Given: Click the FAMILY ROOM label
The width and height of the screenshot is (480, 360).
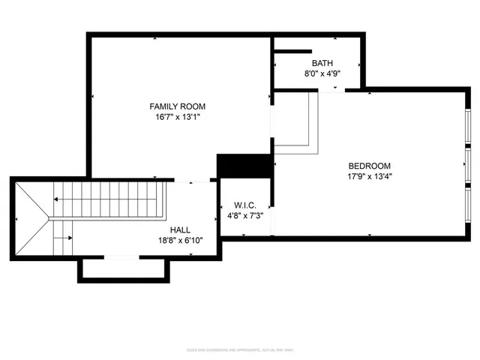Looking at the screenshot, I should coord(177,106).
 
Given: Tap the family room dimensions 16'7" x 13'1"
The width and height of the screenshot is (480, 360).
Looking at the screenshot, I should coord(177,117).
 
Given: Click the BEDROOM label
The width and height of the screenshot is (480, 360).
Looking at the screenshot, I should coord(370,166).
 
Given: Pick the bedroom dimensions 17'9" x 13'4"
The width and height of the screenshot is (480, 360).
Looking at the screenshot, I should coord(370,177).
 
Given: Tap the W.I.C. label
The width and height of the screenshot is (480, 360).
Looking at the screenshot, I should coord(245,205).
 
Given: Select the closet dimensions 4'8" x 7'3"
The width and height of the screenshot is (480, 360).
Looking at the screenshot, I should coord(245,216).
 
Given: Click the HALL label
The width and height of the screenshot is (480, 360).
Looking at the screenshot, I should coord(180,229).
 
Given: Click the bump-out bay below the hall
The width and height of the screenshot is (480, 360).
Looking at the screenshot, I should coord(123,269).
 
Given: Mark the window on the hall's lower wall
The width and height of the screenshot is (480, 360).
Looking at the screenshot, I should coord(121,258).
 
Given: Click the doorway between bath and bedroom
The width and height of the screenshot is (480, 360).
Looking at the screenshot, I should coord(330,89).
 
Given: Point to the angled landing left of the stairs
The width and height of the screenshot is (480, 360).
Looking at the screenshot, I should coord(31,217).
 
